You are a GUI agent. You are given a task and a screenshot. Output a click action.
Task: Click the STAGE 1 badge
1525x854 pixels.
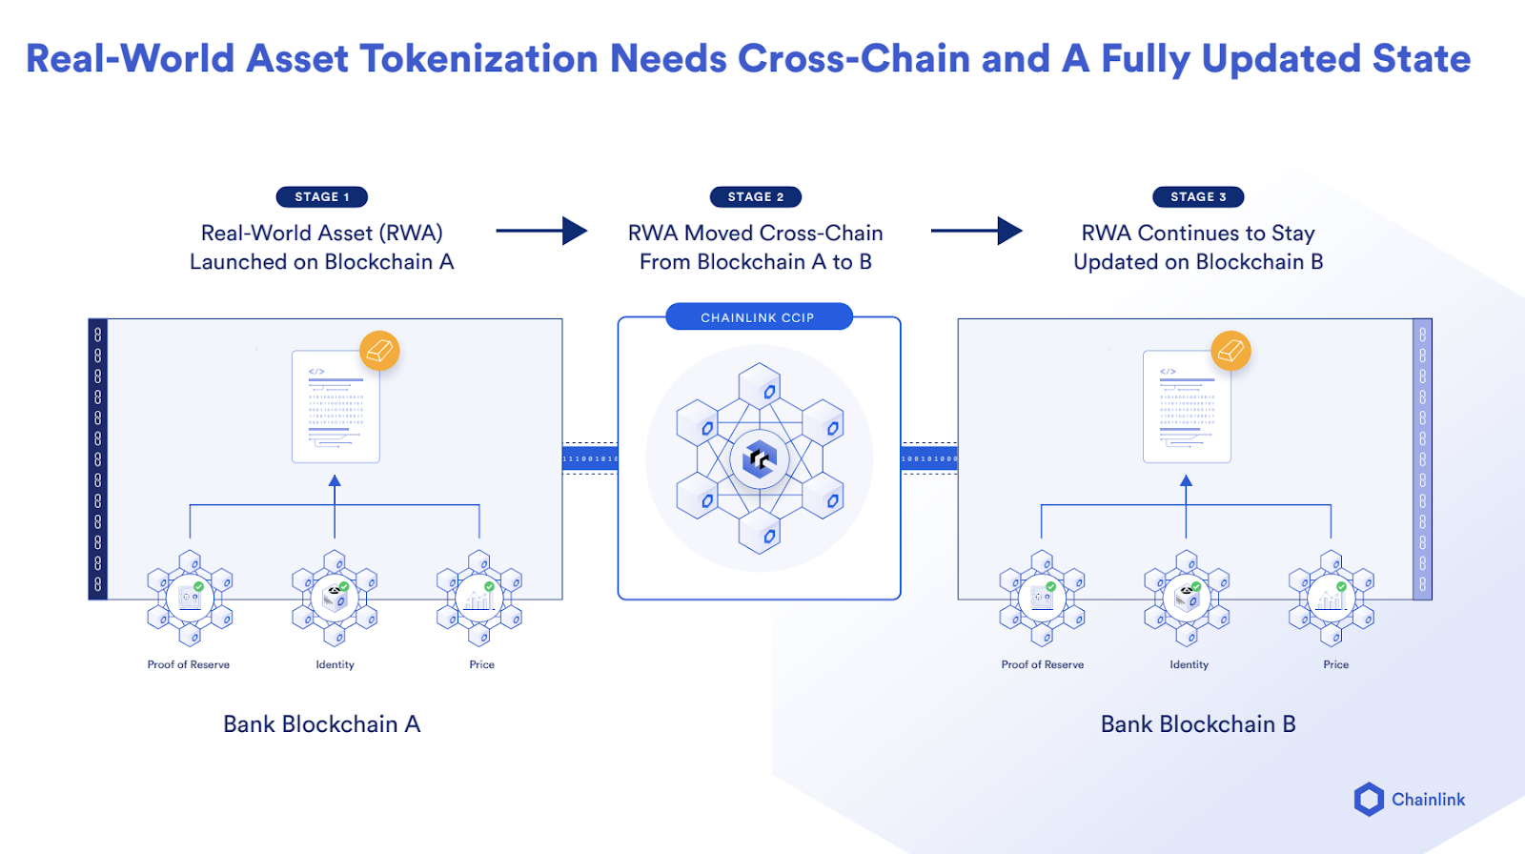tap(321, 197)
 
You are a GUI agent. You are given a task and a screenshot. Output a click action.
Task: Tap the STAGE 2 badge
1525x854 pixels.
tap(755, 197)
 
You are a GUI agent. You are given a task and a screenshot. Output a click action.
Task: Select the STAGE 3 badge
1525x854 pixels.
tap(1198, 197)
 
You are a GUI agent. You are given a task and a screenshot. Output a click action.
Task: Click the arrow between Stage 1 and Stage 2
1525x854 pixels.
tap(540, 231)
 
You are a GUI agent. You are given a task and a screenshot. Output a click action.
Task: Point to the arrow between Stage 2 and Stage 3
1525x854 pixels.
tap(975, 231)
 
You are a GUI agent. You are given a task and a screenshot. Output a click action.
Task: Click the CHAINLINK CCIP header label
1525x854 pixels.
tap(758, 317)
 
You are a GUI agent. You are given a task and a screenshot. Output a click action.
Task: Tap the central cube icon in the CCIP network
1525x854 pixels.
tap(759, 459)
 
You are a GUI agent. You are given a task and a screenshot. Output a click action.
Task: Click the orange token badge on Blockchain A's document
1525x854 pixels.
tap(379, 351)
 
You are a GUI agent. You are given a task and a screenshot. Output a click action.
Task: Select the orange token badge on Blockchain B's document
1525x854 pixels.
tap(1230, 351)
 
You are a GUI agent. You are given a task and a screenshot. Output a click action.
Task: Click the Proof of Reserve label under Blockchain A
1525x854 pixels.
tap(189, 664)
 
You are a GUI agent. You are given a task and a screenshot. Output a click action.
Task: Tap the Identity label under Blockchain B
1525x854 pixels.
tap(1189, 664)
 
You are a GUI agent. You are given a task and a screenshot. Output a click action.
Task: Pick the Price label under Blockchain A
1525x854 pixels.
tap(481, 664)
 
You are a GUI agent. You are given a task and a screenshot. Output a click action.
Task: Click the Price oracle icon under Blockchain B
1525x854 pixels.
tap(1331, 598)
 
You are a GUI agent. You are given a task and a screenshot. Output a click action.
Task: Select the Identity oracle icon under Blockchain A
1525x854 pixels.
tap(335, 598)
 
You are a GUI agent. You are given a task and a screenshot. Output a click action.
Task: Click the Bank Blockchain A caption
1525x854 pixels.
tap(321, 724)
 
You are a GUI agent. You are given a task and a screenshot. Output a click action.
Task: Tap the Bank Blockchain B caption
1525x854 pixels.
tap(1197, 724)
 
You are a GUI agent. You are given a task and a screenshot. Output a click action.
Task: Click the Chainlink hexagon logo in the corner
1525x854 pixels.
tap(1369, 799)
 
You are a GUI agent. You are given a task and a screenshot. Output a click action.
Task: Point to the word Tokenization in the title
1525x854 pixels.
tap(479, 59)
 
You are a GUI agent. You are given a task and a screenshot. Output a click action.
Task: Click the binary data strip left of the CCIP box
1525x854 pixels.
tap(590, 459)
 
